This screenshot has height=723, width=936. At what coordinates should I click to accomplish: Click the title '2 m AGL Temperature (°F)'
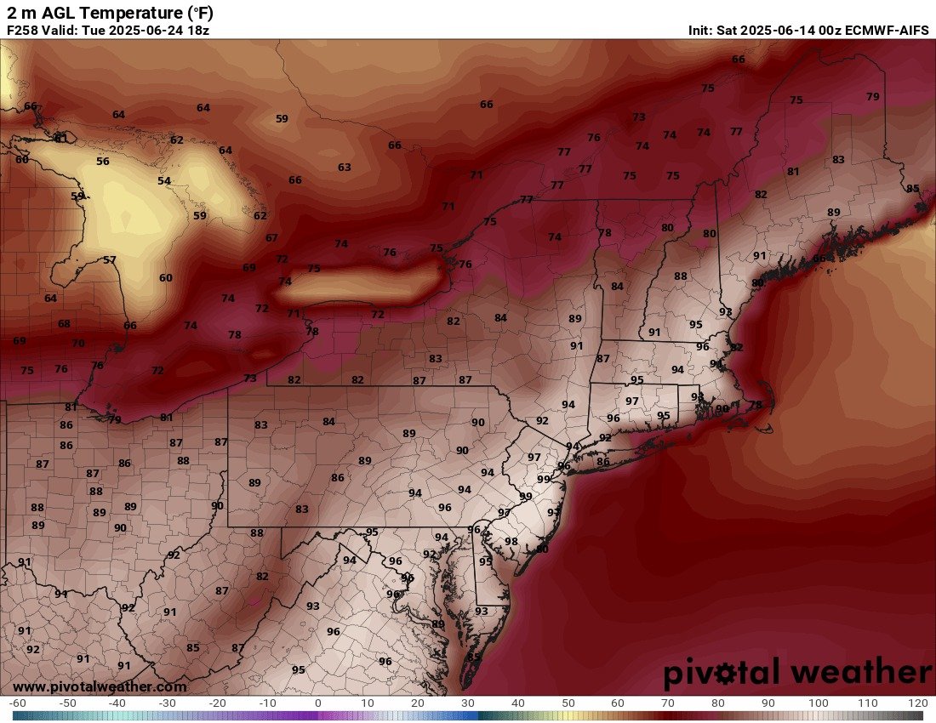[x=110, y=13]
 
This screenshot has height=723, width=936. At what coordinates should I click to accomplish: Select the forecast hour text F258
[x=23, y=31]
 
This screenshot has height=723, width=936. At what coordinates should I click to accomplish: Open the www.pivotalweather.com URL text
[x=100, y=686]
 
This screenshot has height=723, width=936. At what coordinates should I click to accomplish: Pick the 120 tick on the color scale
[x=917, y=703]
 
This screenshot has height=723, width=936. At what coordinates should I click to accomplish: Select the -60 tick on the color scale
[x=17, y=703]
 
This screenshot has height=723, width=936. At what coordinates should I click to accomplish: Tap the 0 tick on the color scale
[x=317, y=703]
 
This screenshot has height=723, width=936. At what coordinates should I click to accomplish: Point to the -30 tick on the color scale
[x=168, y=703]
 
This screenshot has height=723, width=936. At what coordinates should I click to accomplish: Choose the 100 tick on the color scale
[x=818, y=703]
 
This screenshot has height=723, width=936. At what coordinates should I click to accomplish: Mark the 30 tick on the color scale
[x=467, y=703]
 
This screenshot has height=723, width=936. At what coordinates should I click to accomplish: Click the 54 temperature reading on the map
[x=163, y=181]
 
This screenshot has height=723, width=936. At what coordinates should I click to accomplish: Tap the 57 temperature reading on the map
[x=110, y=260]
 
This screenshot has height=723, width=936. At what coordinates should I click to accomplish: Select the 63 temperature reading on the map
[x=344, y=168]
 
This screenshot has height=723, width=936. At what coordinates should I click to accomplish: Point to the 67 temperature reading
[x=271, y=238]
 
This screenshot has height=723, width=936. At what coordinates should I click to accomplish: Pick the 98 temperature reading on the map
[x=511, y=542]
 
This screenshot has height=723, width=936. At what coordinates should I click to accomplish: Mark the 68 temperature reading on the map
[x=64, y=324]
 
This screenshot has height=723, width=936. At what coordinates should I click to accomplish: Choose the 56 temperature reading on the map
[x=103, y=162]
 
